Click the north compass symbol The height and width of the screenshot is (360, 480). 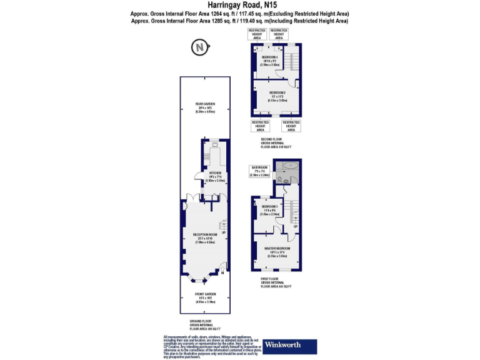click(199, 47)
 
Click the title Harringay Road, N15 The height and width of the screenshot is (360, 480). click(239, 5)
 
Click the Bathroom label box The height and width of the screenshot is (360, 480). click(259, 171)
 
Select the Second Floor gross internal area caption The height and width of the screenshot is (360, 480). click(276, 144)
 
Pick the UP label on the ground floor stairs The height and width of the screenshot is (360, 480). click(223, 232)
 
